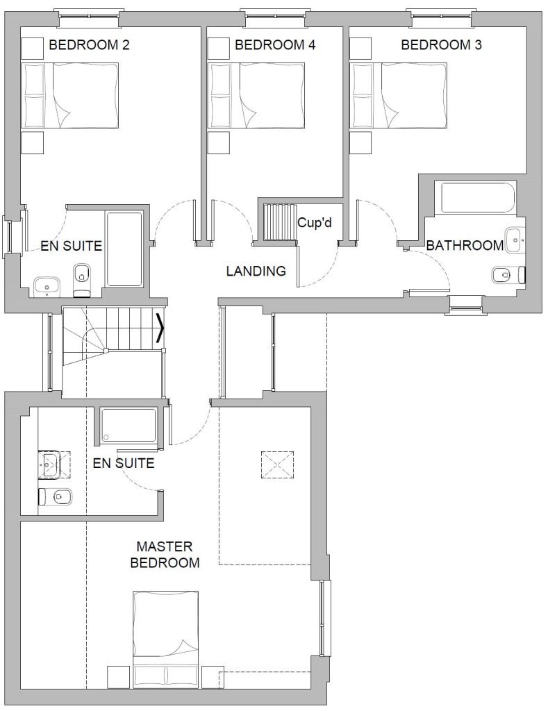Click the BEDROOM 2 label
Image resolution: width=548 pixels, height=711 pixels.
[x=89, y=45]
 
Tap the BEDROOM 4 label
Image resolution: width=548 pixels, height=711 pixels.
[x=275, y=45]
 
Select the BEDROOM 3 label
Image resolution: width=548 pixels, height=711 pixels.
[x=442, y=45]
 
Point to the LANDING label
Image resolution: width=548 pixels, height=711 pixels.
[x=256, y=271]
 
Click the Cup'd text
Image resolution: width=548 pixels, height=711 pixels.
[x=315, y=223]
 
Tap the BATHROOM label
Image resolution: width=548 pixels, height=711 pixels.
[x=465, y=245]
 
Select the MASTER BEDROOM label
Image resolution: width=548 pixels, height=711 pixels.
[x=165, y=555]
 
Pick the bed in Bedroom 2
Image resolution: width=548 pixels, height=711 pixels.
[x=71, y=96]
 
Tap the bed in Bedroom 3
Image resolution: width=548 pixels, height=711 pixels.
[x=398, y=96]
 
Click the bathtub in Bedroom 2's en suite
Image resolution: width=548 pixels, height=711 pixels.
[x=124, y=249]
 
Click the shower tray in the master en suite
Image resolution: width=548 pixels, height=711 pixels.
[x=128, y=426]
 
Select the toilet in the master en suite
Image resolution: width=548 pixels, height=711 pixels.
[x=55, y=497]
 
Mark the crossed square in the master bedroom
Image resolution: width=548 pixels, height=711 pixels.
[x=277, y=465]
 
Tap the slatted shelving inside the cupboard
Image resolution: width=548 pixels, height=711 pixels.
[x=279, y=222]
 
